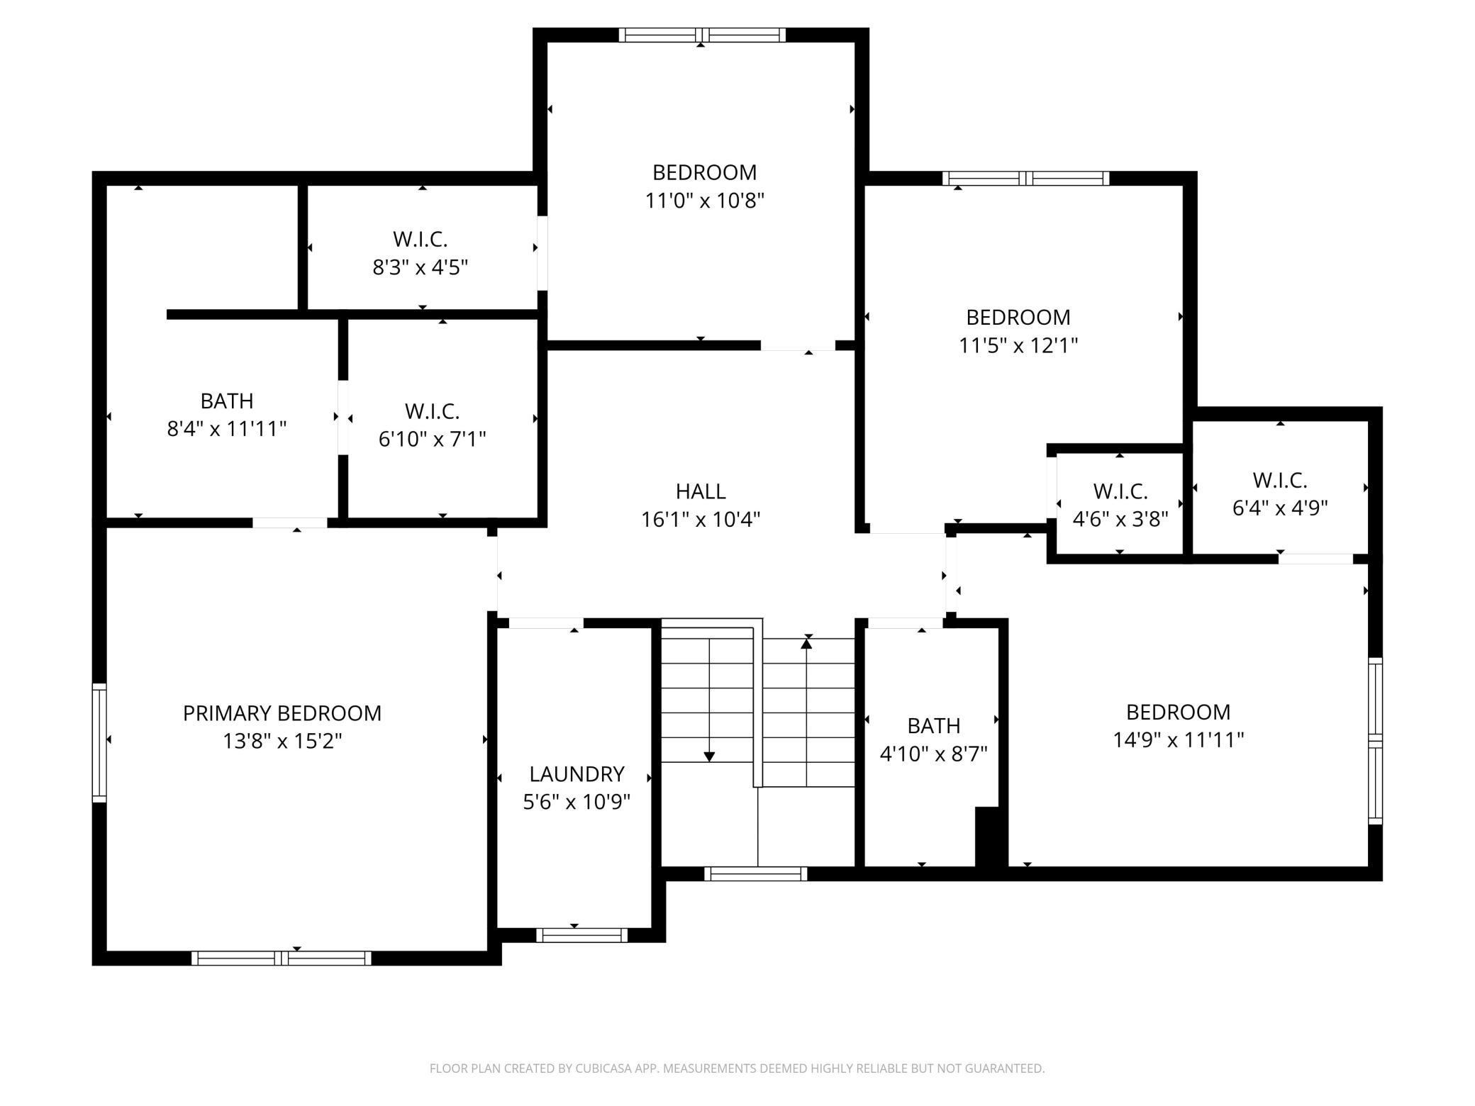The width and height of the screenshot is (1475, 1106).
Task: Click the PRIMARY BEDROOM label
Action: coord(282,713)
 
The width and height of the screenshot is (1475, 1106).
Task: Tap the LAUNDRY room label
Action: coord(577,773)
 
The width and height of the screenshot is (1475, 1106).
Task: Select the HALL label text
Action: coord(701,491)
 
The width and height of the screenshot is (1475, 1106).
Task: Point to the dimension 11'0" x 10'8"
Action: coord(704,201)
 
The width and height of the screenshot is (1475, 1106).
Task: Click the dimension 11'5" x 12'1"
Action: coord(1018,345)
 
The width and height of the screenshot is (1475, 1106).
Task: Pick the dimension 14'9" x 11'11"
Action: coord(1178,740)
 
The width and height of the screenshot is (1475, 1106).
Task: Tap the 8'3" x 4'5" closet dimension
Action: coord(421,267)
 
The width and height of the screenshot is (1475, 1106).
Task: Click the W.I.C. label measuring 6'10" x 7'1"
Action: coord(432,410)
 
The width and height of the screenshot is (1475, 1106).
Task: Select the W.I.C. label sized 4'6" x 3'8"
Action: coord(1120,491)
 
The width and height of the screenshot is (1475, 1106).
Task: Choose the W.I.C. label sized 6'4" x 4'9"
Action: coord(1280,480)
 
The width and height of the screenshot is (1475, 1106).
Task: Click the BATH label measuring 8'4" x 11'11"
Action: coord(227,401)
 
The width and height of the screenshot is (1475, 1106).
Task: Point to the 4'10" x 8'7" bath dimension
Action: coord(934,754)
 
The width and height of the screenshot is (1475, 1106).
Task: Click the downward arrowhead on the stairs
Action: coord(709,756)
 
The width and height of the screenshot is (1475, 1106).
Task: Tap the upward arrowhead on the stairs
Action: coord(806,644)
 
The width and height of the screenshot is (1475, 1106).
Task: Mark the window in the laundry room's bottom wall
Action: coord(581,934)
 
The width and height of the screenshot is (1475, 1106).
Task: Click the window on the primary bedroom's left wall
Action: coord(99,743)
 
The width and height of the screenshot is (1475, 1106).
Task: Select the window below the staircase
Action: coord(756,873)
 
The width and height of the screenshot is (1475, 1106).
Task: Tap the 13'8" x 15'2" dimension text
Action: coord(282,741)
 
